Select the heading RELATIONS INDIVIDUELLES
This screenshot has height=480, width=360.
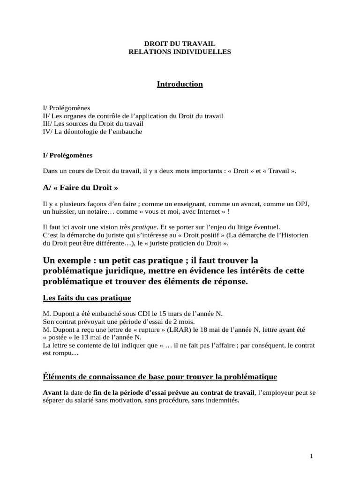pyautogui.click(x=180, y=52)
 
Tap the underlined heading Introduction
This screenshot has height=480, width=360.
pyautogui.click(x=180, y=84)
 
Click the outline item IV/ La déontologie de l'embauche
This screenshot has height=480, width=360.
pyautogui.click(x=92, y=132)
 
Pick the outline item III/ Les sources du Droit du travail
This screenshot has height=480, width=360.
pyautogui.click(x=93, y=124)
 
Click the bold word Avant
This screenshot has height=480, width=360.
pyautogui.click(x=52, y=392)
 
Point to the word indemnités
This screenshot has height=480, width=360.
pyautogui.click(x=219, y=400)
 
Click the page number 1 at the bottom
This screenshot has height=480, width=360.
pyautogui.click(x=311, y=456)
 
